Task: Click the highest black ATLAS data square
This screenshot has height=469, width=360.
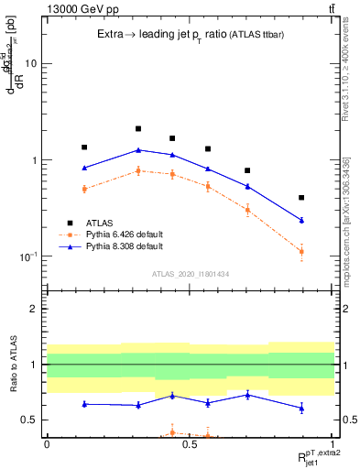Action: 138,129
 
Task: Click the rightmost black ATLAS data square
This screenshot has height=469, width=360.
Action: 301,198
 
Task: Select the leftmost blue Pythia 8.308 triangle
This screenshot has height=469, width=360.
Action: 84,168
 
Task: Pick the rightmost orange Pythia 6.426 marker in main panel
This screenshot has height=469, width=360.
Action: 301,251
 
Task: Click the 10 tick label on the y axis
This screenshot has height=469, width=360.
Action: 29,64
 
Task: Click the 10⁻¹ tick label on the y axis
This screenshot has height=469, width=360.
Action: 27,256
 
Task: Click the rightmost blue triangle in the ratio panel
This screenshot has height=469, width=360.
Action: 301,408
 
